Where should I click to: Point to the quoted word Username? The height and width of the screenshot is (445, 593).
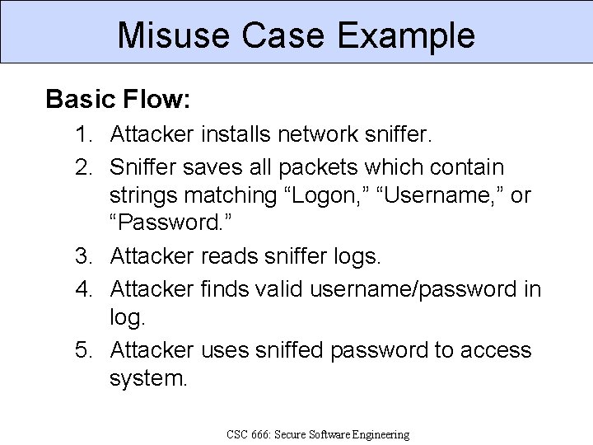click(x=444, y=197)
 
